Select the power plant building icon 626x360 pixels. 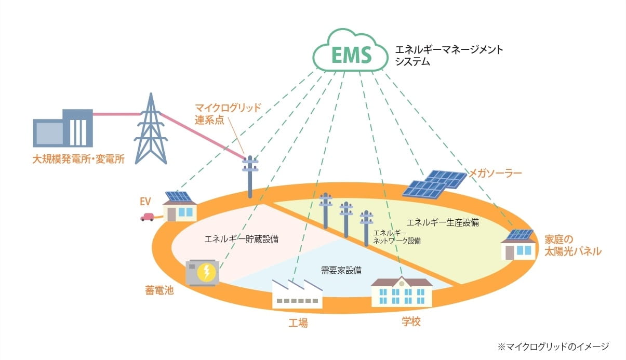(x=63, y=128)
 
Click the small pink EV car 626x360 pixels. (x=147, y=217)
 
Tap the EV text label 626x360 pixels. (x=144, y=201)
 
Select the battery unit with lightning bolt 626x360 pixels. (x=203, y=272)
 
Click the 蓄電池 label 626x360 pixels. (x=159, y=290)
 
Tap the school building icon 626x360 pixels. (x=401, y=292)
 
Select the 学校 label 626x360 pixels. (x=411, y=322)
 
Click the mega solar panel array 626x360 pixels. (x=435, y=184)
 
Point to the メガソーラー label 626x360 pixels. (x=495, y=174)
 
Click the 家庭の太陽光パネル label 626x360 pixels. (x=572, y=246)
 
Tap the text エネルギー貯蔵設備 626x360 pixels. (x=242, y=239)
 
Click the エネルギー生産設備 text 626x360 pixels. (x=443, y=222)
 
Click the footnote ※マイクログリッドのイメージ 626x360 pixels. (x=553, y=346)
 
